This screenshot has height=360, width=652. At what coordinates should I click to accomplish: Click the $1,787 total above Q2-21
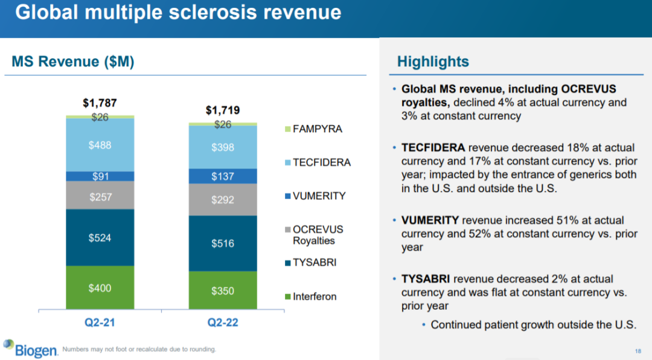(100, 103)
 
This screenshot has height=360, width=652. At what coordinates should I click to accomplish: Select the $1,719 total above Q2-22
(223, 110)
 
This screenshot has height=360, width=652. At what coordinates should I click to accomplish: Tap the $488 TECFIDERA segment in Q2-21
(100, 145)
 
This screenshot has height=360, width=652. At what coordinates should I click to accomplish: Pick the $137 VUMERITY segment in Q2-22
(223, 176)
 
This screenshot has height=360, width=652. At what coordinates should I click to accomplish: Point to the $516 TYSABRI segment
(223, 243)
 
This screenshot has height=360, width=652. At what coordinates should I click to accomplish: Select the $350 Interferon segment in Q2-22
(223, 291)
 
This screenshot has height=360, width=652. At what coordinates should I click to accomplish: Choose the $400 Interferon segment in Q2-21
(100, 288)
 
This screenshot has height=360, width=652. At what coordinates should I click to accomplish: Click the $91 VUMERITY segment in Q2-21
(100, 176)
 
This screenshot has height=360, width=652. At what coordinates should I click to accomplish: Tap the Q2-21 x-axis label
(100, 323)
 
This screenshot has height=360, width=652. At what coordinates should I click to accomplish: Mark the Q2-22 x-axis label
(223, 323)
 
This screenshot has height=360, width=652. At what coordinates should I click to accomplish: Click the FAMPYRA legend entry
(315, 129)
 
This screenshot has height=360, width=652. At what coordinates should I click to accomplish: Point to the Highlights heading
(433, 62)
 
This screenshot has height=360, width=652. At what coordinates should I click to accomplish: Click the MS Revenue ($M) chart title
(73, 62)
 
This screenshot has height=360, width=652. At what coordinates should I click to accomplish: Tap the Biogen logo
(30, 348)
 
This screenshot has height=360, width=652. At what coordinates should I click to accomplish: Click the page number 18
(638, 351)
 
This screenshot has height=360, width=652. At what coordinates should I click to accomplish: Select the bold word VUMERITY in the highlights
(430, 220)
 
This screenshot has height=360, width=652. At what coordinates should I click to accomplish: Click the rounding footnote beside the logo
(139, 349)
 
